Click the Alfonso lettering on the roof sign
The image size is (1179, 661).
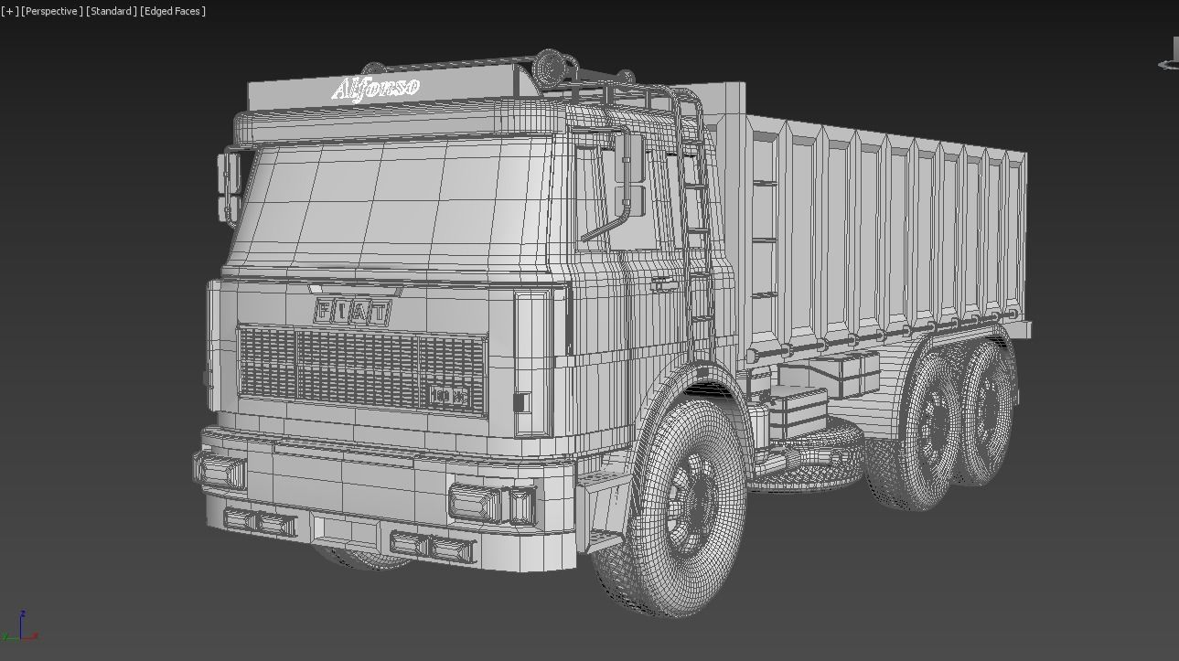coord(376,89)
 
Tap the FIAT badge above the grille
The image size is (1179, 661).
coord(352,312)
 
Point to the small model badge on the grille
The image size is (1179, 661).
coord(448,397)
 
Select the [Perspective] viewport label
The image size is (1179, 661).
coord(52,11)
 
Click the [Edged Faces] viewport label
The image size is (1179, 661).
coord(173,11)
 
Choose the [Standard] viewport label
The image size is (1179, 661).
coord(111,11)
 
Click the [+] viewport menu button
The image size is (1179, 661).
coord(9,11)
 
